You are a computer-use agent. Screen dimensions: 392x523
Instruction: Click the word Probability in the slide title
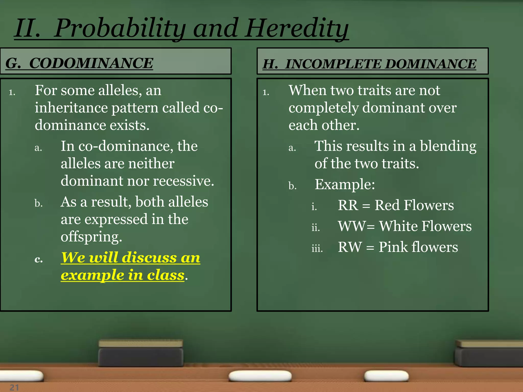(x=120, y=28)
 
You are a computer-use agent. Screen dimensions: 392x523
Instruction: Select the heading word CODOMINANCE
(x=91, y=63)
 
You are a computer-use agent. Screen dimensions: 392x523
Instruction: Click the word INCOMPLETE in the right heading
(x=334, y=64)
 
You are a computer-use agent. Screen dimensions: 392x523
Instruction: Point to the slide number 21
(x=14, y=387)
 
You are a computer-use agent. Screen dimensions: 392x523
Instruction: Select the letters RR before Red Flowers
(x=348, y=205)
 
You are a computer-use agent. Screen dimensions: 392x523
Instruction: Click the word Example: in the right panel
(x=344, y=184)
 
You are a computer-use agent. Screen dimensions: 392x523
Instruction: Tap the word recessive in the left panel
(x=183, y=181)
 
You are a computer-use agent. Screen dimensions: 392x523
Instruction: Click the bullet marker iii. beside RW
(x=317, y=248)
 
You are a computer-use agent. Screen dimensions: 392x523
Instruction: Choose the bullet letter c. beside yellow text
(x=39, y=259)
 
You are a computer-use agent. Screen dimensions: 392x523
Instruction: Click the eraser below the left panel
(x=141, y=353)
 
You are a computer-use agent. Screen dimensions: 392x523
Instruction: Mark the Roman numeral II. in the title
(x=27, y=28)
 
